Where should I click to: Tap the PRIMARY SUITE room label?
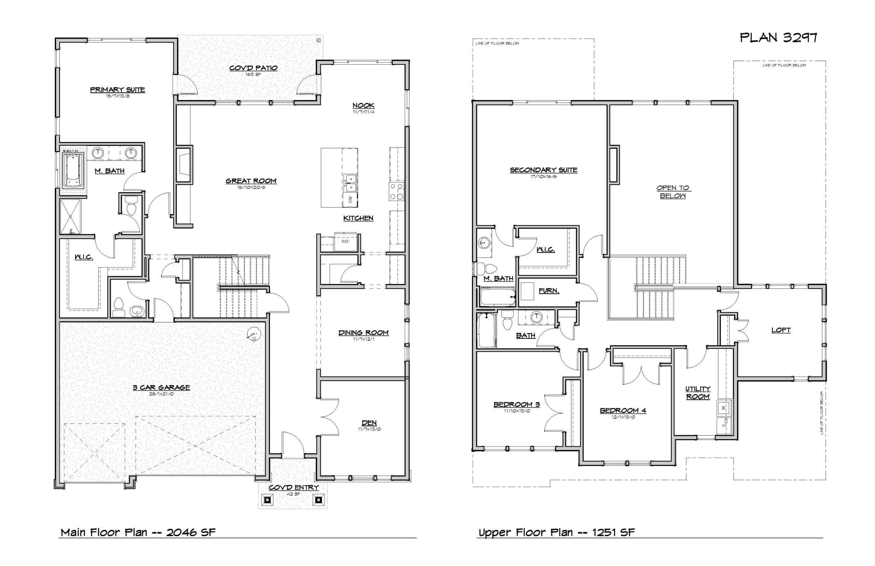coord(117,90)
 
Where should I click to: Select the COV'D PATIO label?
coord(253,68)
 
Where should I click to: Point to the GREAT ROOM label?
coord(251,181)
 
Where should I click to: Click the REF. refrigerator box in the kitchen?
coord(345,242)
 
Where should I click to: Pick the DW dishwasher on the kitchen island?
coord(350,200)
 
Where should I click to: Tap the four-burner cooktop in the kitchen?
coord(396,191)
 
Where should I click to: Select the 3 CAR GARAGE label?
coord(161,387)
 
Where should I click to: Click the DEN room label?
coord(369,423)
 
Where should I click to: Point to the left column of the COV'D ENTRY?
coord(267,499)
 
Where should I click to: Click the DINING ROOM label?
coord(363,333)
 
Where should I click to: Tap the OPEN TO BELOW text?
coord(673,192)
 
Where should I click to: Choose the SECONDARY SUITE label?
coord(543,170)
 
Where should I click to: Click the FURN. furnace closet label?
coord(549,291)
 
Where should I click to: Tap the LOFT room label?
coord(781,330)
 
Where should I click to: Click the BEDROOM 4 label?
coord(622,410)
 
